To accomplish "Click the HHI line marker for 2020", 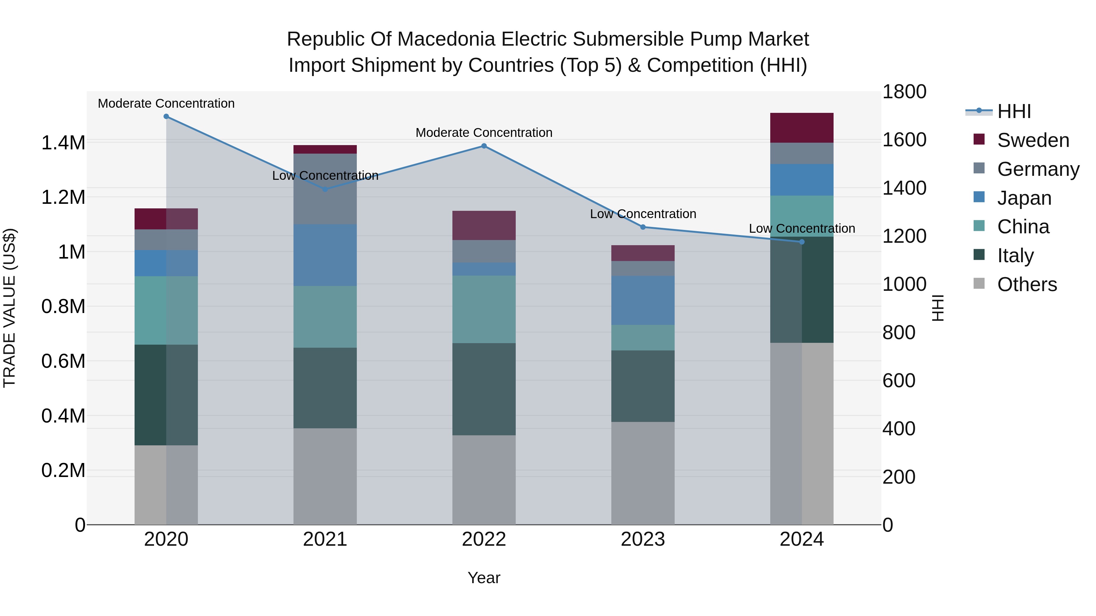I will [166, 117].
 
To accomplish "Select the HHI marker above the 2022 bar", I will [484, 146].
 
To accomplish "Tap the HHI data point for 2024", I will [802, 242].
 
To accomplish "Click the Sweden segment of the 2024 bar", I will [802, 128].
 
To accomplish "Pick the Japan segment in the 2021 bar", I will [325, 255].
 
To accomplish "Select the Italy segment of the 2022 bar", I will [484, 389].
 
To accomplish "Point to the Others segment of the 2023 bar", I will [643, 473].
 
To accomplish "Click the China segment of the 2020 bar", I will [166, 310].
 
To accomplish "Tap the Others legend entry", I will [1026, 284].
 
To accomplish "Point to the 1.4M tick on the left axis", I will [63, 143].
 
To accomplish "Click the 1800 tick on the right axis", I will [905, 92].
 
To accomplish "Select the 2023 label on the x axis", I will [643, 539].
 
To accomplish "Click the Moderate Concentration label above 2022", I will [484, 133].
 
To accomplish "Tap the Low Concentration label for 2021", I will [325, 176].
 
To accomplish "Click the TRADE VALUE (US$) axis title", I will [9, 308].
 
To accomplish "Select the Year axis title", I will [484, 578].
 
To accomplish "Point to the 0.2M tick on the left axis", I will [63, 471].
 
